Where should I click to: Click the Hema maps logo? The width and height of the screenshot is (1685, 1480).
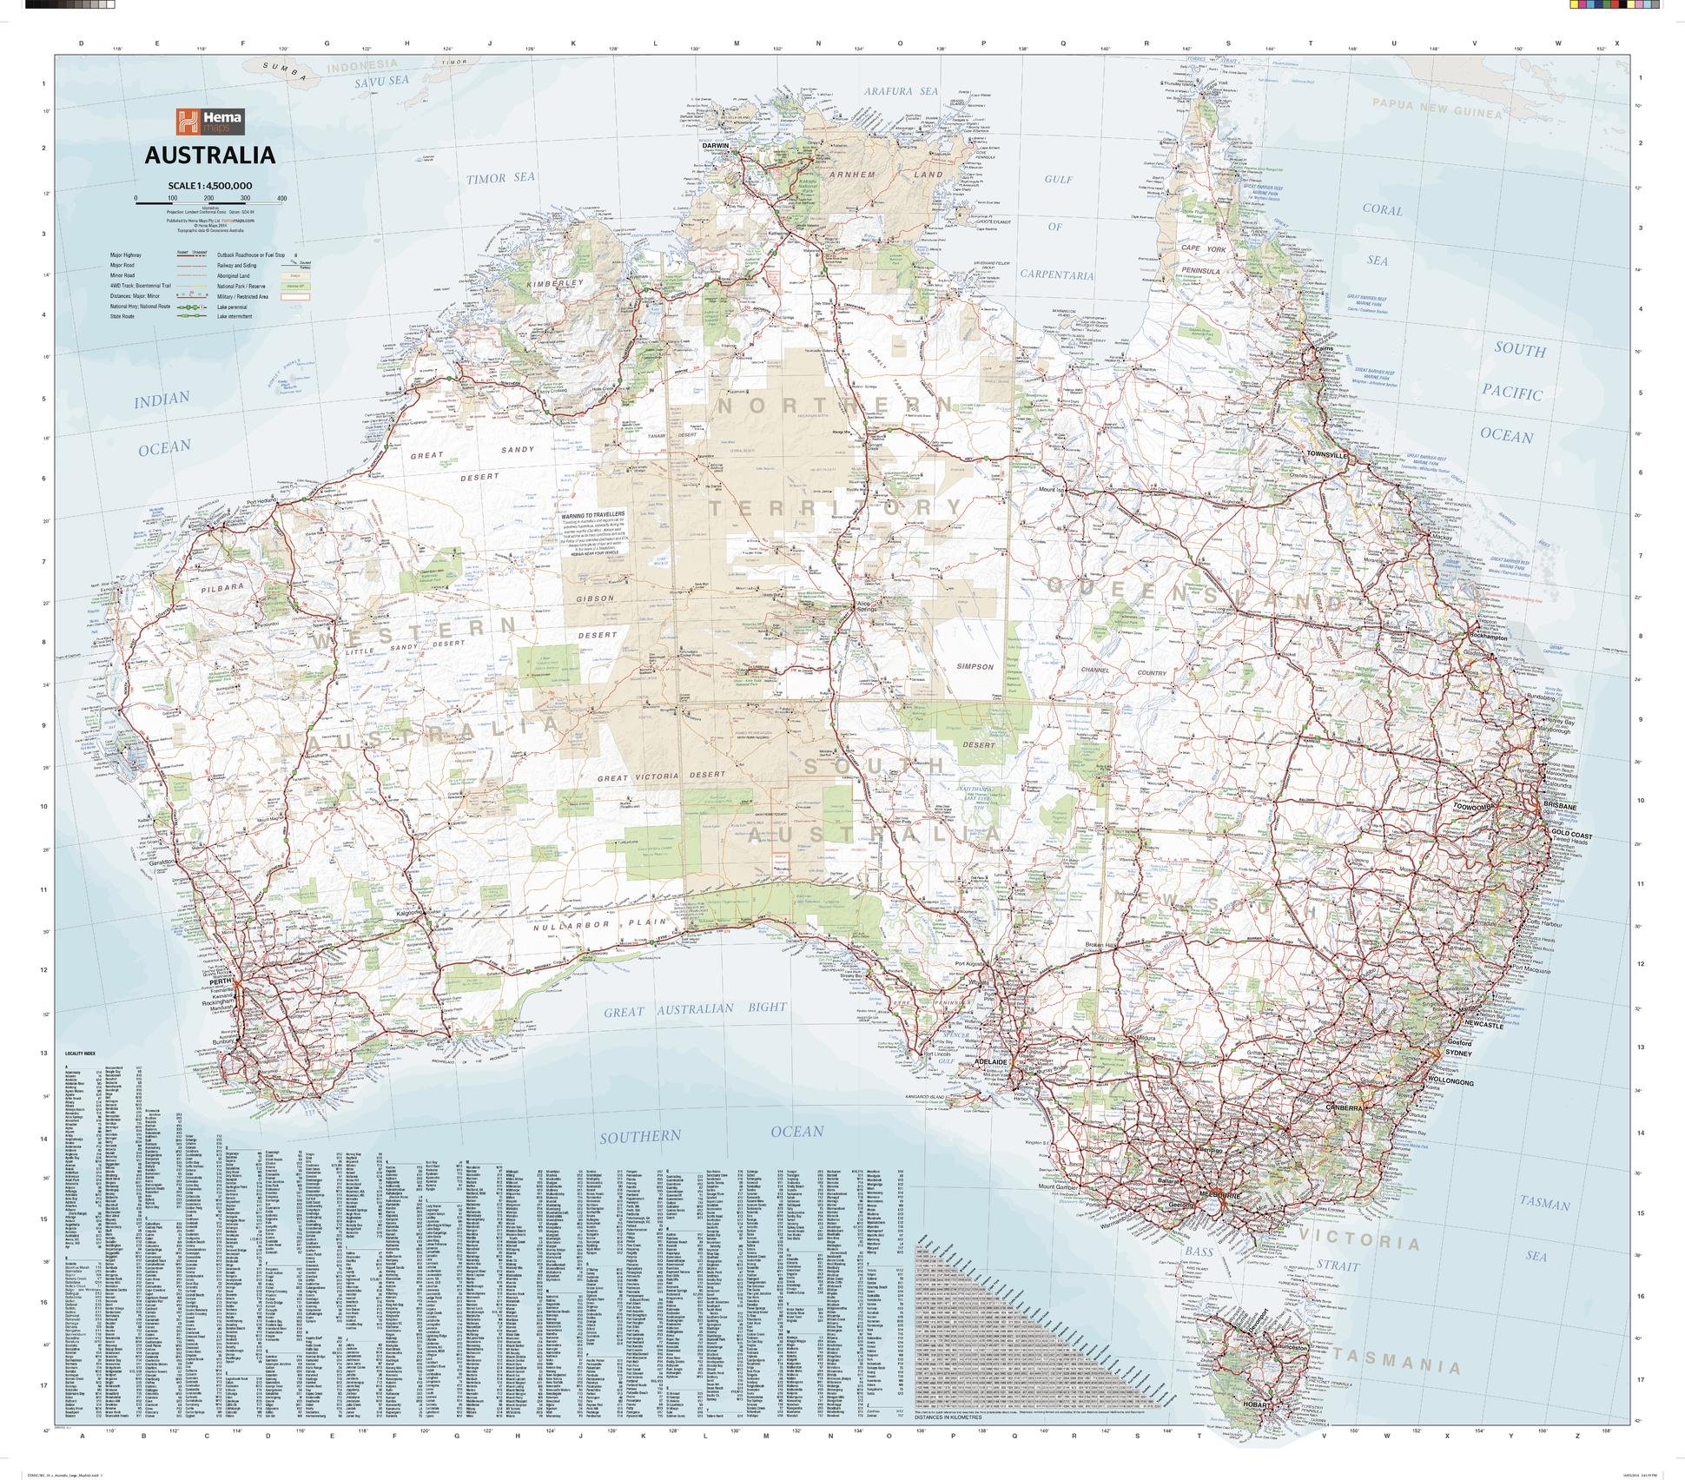click(209, 122)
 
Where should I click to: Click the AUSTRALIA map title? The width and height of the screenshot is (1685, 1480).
click(209, 155)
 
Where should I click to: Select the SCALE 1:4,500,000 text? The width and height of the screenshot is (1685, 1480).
click(209, 186)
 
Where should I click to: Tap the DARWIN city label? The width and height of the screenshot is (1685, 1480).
click(716, 146)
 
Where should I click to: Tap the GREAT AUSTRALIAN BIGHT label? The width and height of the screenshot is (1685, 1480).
click(696, 1009)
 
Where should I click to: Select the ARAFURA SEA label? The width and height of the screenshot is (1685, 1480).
click(901, 90)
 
